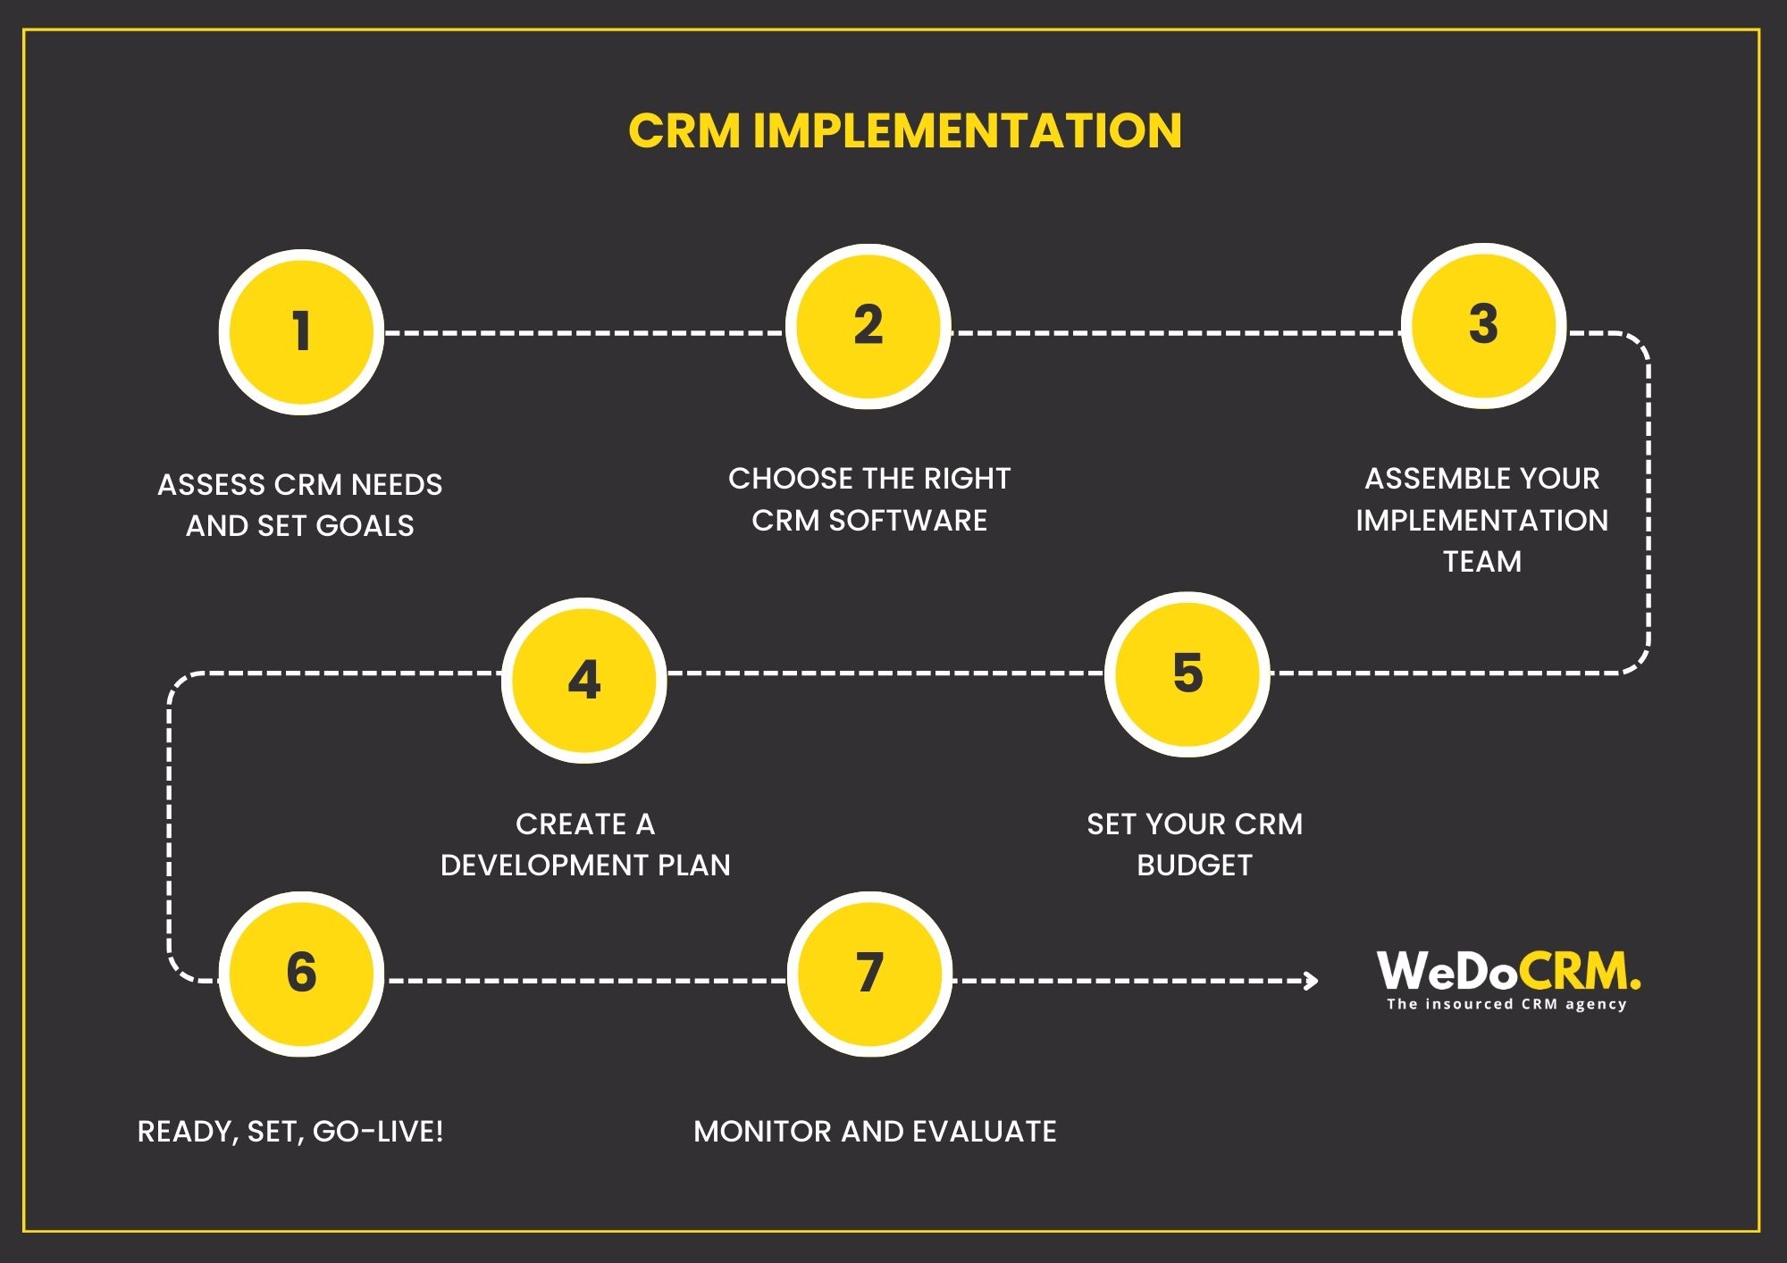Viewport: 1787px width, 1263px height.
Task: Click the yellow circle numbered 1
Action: (301, 332)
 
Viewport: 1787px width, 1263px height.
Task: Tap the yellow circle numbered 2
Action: (868, 326)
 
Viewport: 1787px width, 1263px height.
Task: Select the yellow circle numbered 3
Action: (1483, 325)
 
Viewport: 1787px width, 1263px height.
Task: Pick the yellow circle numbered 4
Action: (584, 680)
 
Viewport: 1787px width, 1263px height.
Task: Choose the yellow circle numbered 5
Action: (1187, 673)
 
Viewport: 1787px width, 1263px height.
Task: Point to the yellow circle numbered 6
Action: (301, 974)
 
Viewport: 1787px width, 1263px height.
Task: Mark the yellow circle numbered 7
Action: (869, 974)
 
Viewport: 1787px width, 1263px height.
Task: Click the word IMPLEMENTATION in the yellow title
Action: (967, 130)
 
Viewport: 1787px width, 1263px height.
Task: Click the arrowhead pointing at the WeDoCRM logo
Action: (1311, 981)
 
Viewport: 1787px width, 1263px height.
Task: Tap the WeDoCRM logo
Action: (1508, 971)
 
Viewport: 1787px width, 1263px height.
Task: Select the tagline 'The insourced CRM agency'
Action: (1506, 1004)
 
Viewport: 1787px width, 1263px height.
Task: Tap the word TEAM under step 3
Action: (1482, 562)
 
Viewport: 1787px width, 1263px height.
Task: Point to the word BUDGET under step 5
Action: (1195, 866)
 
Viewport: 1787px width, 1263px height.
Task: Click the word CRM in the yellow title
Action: (684, 130)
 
